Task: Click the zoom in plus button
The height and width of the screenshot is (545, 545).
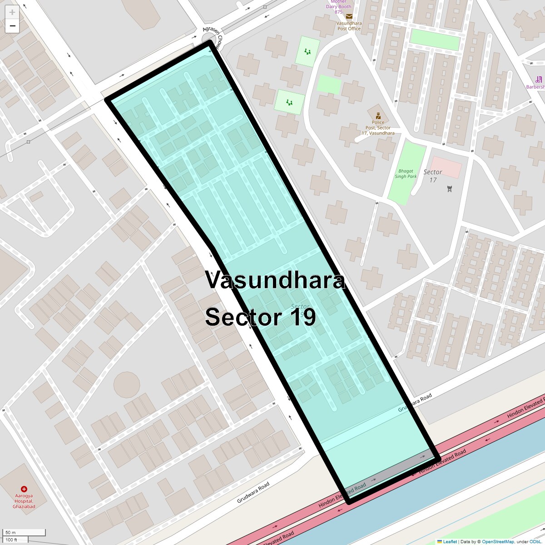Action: click(x=12, y=13)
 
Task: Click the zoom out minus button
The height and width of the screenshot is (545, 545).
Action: click(x=12, y=26)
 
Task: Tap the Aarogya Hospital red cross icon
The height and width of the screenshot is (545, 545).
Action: click(x=24, y=489)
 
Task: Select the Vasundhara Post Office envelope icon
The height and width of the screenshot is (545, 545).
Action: click(x=349, y=17)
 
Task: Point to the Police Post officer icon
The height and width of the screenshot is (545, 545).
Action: click(x=378, y=116)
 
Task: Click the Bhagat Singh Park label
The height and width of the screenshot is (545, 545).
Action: click(x=406, y=174)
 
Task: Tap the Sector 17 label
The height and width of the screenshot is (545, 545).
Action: click(x=432, y=176)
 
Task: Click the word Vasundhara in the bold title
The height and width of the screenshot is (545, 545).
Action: click(x=275, y=280)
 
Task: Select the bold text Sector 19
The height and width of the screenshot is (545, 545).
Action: click(x=260, y=317)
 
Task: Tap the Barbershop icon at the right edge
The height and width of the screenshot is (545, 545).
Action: click(x=539, y=79)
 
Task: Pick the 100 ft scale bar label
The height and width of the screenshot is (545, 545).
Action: click(x=11, y=540)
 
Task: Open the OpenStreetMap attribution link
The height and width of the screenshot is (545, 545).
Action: click(x=498, y=541)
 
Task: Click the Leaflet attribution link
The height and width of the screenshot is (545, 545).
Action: click(x=450, y=541)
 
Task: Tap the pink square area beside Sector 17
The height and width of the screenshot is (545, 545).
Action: click(x=446, y=167)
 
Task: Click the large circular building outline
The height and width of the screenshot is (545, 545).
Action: click(x=127, y=385)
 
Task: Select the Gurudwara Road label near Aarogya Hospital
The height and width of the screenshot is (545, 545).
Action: click(x=253, y=493)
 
